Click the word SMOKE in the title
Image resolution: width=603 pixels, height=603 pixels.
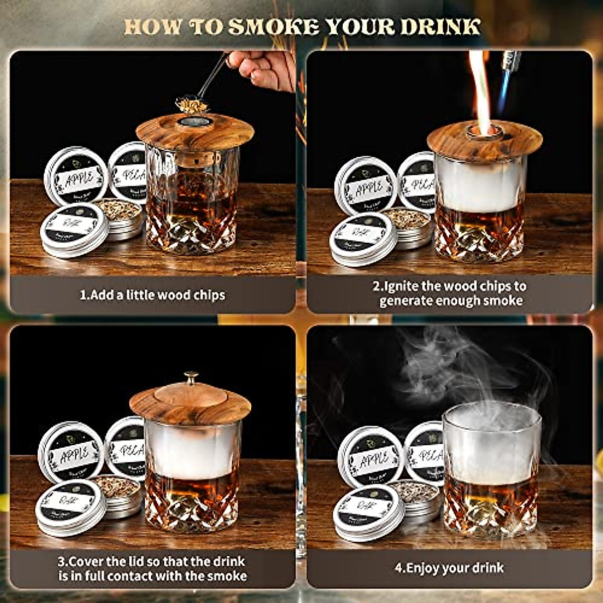coord(274,26)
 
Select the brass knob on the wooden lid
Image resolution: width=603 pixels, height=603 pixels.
coord(191,377)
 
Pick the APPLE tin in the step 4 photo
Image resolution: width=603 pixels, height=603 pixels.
coord(371,458)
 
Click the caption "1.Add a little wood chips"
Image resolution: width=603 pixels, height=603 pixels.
coord(153,295)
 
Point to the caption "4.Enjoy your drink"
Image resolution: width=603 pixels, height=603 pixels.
coord(449,568)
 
